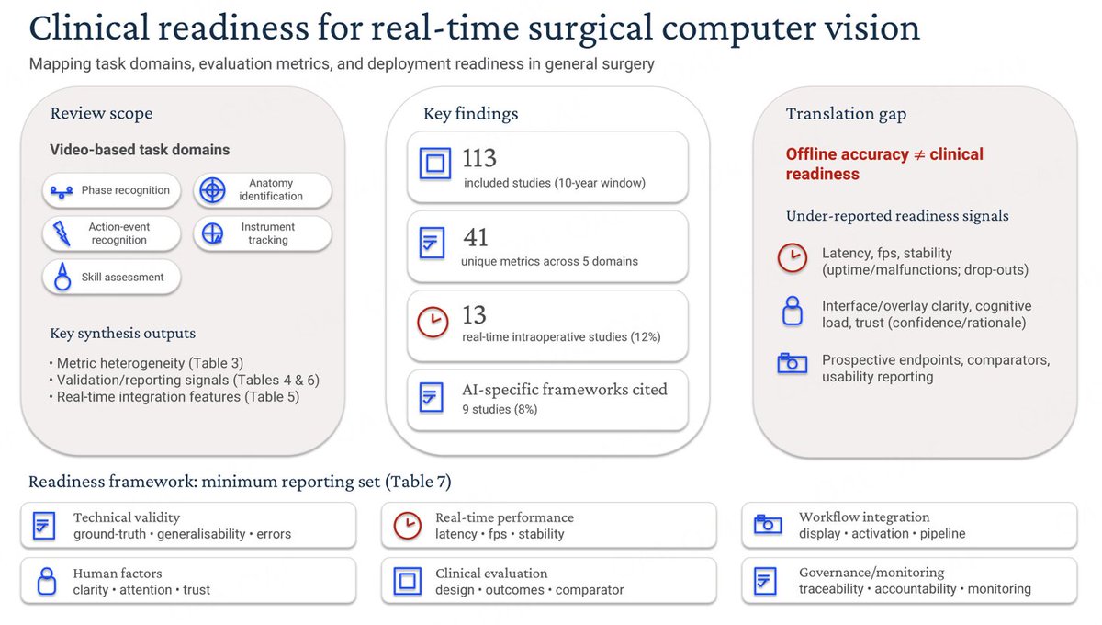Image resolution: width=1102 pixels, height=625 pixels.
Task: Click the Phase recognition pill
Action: click(111, 190)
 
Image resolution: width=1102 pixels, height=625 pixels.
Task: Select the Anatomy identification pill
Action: click(263, 190)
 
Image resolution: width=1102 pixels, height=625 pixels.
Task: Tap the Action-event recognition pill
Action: click(111, 233)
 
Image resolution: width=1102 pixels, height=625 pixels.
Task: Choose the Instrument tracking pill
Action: click(263, 233)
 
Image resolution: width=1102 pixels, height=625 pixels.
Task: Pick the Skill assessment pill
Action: click(111, 277)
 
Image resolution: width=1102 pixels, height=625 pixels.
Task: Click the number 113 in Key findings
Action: click(480, 159)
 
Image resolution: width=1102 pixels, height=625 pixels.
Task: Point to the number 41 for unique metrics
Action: click(476, 238)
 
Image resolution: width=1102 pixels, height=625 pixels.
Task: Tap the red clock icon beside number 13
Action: click(433, 323)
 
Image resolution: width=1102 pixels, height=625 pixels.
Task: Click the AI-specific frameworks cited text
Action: click(564, 389)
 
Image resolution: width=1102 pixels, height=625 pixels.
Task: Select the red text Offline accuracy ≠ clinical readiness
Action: click(883, 165)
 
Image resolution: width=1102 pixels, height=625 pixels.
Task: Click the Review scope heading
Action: click(101, 114)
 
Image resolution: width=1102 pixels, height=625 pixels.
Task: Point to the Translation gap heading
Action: click(846, 114)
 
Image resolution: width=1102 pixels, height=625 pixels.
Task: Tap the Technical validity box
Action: click(188, 525)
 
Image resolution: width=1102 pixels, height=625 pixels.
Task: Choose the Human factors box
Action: click(188, 580)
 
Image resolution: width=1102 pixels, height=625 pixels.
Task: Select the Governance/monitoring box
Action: click(909, 580)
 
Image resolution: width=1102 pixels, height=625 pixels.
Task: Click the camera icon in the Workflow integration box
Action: click(768, 525)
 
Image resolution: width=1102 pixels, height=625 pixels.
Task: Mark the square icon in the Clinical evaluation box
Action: click(407, 580)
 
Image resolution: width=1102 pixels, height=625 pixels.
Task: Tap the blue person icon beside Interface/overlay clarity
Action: click(792, 313)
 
